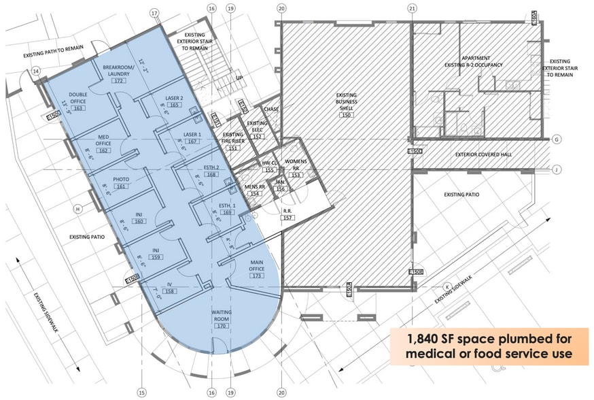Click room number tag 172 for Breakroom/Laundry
tap(120, 81)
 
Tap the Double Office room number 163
tap(77, 108)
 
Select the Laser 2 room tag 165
tap(173, 105)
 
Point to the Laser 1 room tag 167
tap(192, 141)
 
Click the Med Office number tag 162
tap(103, 150)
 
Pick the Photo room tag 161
tap(121, 186)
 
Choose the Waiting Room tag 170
tap(221, 326)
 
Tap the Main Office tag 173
tap(256, 276)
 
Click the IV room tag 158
tap(169, 290)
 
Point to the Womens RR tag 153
tap(295, 175)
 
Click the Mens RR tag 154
tap(255, 193)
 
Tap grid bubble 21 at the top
tap(411, 8)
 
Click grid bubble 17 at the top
tap(154, 13)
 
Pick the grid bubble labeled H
tap(78, 208)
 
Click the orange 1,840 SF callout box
tap(489, 346)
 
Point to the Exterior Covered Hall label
tap(484, 154)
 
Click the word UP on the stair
tap(239, 78)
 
